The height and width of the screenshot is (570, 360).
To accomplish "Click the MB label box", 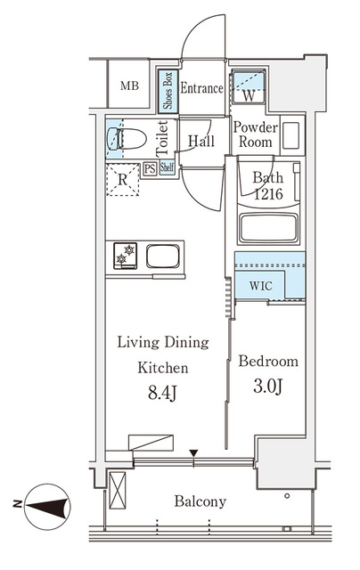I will point(129,86).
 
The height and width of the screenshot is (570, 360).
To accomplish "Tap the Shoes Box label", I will point(167,90).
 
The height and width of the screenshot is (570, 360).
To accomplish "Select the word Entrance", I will point(201,88).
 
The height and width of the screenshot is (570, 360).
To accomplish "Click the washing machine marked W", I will point(249,90).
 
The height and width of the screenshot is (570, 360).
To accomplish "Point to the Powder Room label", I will point(256,134).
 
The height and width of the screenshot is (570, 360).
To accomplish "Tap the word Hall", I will point(201,141).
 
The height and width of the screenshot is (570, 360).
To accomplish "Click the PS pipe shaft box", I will point(150,169).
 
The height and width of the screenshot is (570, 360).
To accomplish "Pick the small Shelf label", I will point(167,168).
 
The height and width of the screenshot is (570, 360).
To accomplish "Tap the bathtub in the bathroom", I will point(272,228).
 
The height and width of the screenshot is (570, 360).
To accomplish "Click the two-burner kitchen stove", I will point(124,256).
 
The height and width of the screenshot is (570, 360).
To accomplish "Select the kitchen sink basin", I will point(164,256).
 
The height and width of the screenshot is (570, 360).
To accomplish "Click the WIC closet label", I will point(261,287).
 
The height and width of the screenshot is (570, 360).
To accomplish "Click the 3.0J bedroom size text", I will point(268,389).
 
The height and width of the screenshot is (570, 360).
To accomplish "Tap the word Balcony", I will point(200,501).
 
